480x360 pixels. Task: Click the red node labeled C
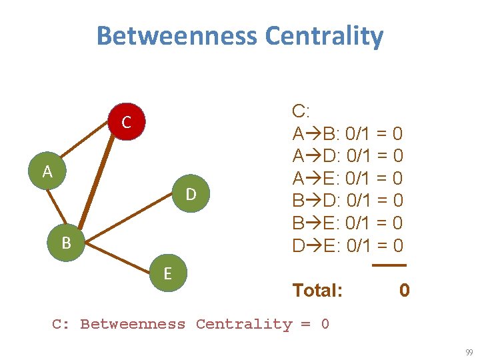(126, 122)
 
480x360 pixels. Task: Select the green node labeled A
(47, 171)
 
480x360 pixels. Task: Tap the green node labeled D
(191, 194)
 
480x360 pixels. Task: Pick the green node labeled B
(66, 243)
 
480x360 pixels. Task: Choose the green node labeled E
(168, 274)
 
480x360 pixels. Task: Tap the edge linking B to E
(117, 258)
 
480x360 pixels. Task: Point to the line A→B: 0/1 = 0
(347, 134)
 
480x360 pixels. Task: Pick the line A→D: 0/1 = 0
(347, 156)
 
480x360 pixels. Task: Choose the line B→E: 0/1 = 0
(347, 223)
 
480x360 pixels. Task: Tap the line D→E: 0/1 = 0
(347, 245)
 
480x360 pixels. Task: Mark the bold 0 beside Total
(404, 290)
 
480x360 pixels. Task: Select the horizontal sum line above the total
(389, 265)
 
